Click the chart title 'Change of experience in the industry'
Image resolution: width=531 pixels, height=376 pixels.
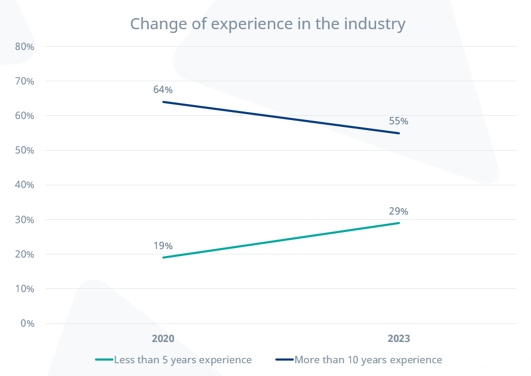pos(267,24)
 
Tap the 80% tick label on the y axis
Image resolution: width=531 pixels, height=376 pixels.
pos(25,47)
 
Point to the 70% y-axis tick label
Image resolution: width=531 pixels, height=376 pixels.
pos(25,81)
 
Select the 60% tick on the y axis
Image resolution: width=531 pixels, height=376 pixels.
pos(25,116)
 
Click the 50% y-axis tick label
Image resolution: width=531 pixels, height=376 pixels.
pos(25,150)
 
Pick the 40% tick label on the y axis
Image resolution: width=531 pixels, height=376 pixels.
pos(25,185)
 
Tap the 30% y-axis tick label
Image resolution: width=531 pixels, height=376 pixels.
pos(25,220)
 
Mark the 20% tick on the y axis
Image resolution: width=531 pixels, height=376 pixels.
pos(25,254)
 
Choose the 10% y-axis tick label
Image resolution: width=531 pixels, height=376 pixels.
pos(25,289)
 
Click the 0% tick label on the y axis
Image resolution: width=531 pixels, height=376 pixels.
pos(27,323)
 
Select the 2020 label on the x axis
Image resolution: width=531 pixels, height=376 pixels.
pos(163,339)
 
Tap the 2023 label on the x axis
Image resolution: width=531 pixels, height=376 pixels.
pos(398,339)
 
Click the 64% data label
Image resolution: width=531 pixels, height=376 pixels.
pos(163,90)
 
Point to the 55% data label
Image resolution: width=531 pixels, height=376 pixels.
pos(398,121)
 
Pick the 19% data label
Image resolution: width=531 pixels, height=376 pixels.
pos(163,246)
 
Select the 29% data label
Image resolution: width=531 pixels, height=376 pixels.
pos(398,211)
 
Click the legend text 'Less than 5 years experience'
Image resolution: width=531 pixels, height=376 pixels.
pos(182,360)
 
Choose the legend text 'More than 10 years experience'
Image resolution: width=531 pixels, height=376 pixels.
pos(368,360)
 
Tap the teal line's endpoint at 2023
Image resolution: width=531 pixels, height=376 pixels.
pos(399,223)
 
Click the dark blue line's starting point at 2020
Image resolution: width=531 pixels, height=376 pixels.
pos(163,101)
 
